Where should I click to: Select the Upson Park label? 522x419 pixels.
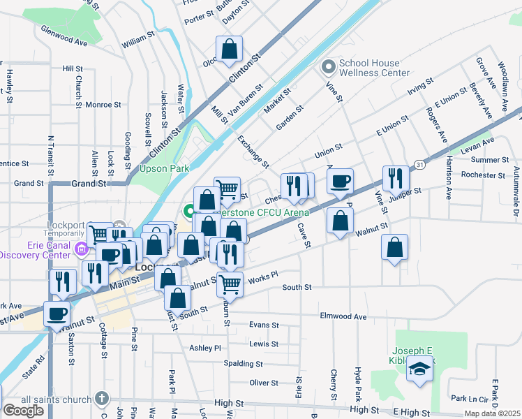click(x=165, y=168)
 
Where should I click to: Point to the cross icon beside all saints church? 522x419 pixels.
click(x=102, y=399)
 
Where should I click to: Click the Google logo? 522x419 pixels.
click(x=23, y=411)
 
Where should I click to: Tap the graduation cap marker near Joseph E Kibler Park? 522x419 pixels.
click(x=419, y=369)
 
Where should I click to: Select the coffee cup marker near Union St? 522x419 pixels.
click(x=340, y=182)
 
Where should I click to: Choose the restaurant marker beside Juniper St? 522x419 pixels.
click(x=394, y=179)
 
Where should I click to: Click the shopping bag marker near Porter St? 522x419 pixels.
click(x=229, y=50)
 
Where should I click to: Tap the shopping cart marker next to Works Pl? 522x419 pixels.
click(x=229, y=284)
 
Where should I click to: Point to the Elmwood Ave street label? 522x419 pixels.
click(x=342, y=316)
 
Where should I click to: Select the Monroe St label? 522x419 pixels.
click(x=103, y=105)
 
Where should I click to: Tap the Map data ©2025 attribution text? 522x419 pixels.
click(x=492, y=413)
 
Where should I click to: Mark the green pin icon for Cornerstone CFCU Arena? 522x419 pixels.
click(x=188, y=210)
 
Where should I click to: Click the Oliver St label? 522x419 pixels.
click(x=264, y=383)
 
